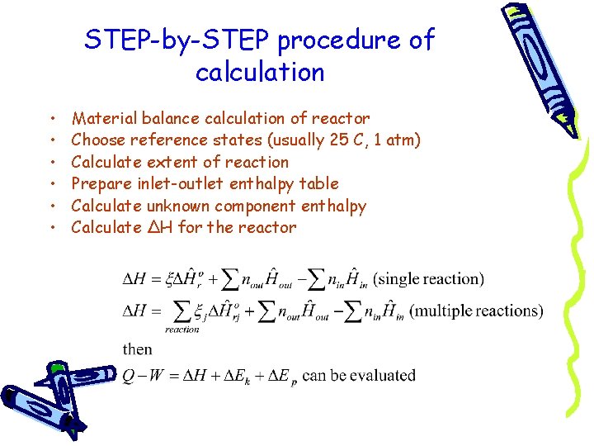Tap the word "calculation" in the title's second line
[x=260, y=73]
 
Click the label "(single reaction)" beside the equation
[x=429, y=278]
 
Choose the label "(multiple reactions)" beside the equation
[x=477, y=311]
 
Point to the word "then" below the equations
[x=137, y=349]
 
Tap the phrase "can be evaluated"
[x=359, y=376]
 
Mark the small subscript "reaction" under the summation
[x=181, y=330]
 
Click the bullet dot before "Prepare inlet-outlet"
[x=52, y=184]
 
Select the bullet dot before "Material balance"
[x=52, y=120]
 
